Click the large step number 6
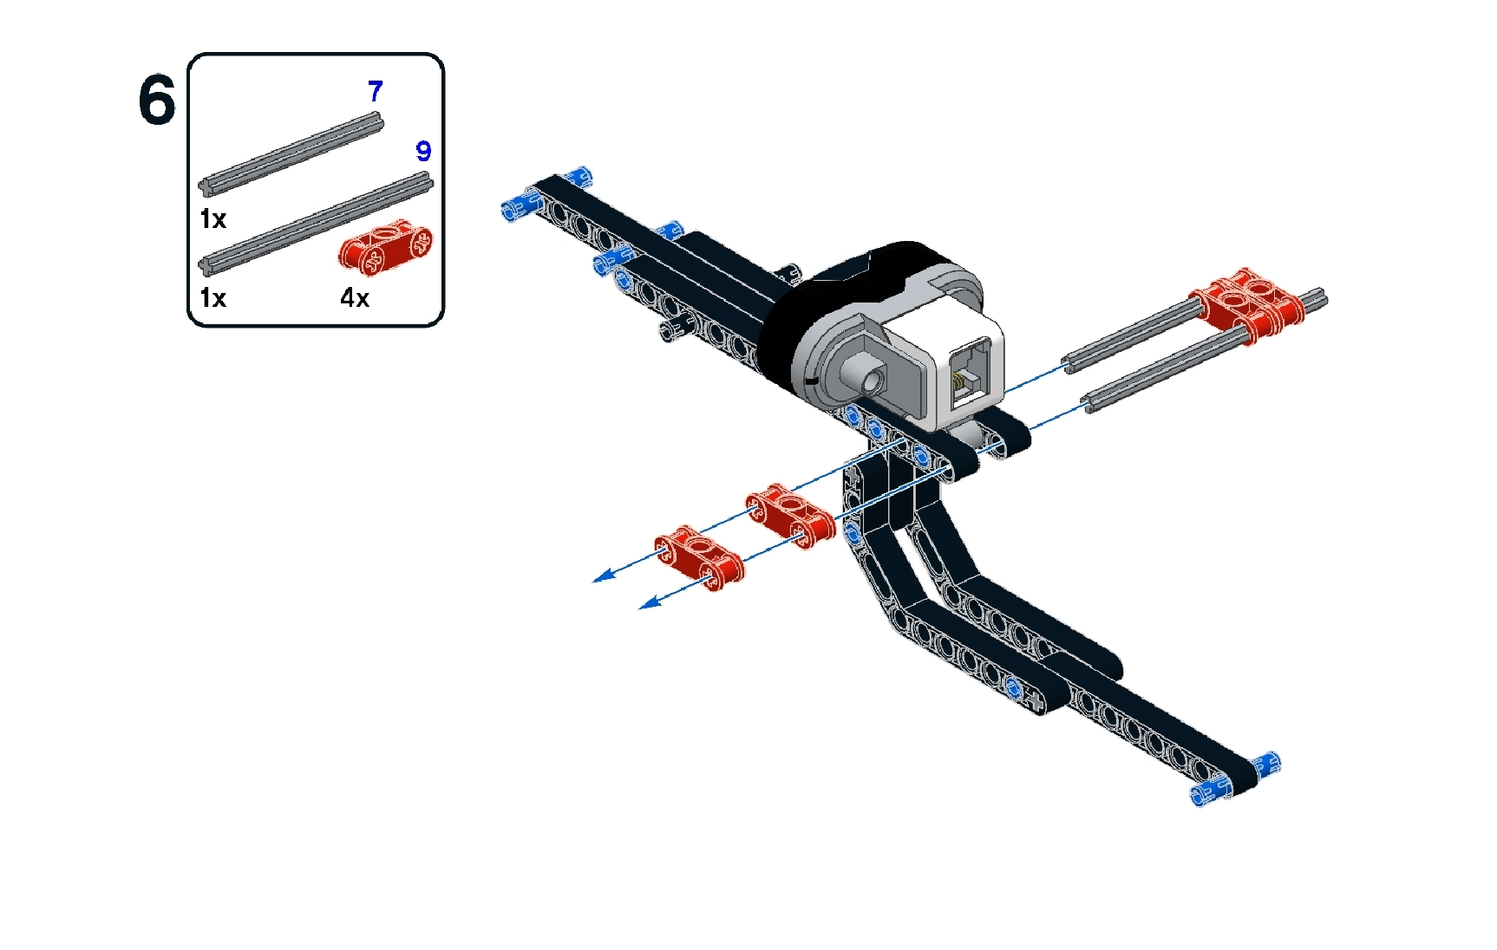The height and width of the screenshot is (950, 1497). click(x=156, y=101)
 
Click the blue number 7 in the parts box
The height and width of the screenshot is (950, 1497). click(x=375, y=91)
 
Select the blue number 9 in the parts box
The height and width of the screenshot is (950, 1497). click(x=423, y=151)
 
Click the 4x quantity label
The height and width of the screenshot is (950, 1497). click(x=355, y=298)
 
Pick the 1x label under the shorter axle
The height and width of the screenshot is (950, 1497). click(x=212, y=219)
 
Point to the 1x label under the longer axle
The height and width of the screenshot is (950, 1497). click(x=212, y=298)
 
